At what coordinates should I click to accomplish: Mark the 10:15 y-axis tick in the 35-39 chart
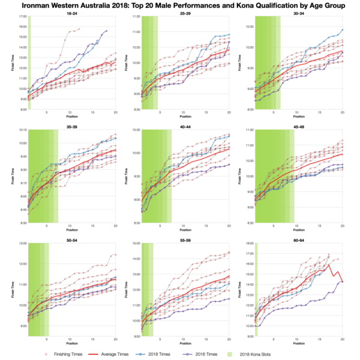click(22, 130)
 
